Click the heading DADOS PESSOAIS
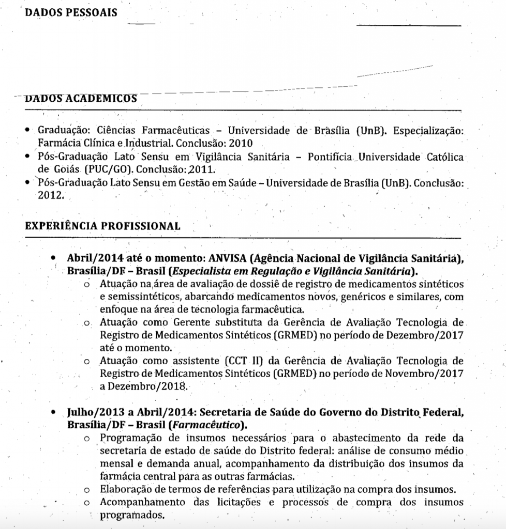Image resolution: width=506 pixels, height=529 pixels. pyautogui.click(x=71, y=12)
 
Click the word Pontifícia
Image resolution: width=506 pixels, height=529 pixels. pyautogui.click(x=330, y=157)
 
